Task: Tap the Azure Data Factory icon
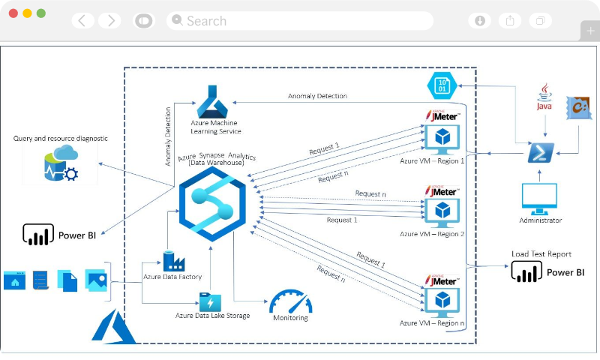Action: pyautogui.click(x=174, y=260)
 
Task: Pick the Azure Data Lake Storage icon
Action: pyautogui.click(x=210, y=302)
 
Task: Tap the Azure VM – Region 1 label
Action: pyautogui.click(x=432, y=160)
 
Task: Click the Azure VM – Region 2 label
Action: pyautogui.click(x=432, y=234)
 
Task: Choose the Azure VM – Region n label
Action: pyautogui.click(x=432, y=322)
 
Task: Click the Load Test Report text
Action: pyautogui.click(x=541, y=254)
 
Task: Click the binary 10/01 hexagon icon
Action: pyautogui.click(x=442, y=85)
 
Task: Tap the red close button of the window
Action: pyautogui.click(x=13, y=13)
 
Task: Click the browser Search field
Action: pyautogui.click(x=300, y=21)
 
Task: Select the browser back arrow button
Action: pyautogui.click(x=82, y=21)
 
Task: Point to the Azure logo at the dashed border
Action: pyautogui.click(x=112, y=327)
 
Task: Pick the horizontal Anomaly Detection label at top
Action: pyautogui.click(x=317, y=96)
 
